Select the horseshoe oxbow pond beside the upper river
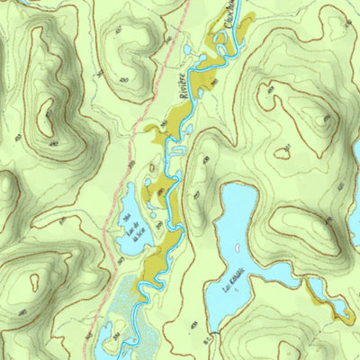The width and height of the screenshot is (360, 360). [178, 149]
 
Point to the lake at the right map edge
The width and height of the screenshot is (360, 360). [355, 153]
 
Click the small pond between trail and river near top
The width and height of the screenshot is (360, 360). [185, 49]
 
